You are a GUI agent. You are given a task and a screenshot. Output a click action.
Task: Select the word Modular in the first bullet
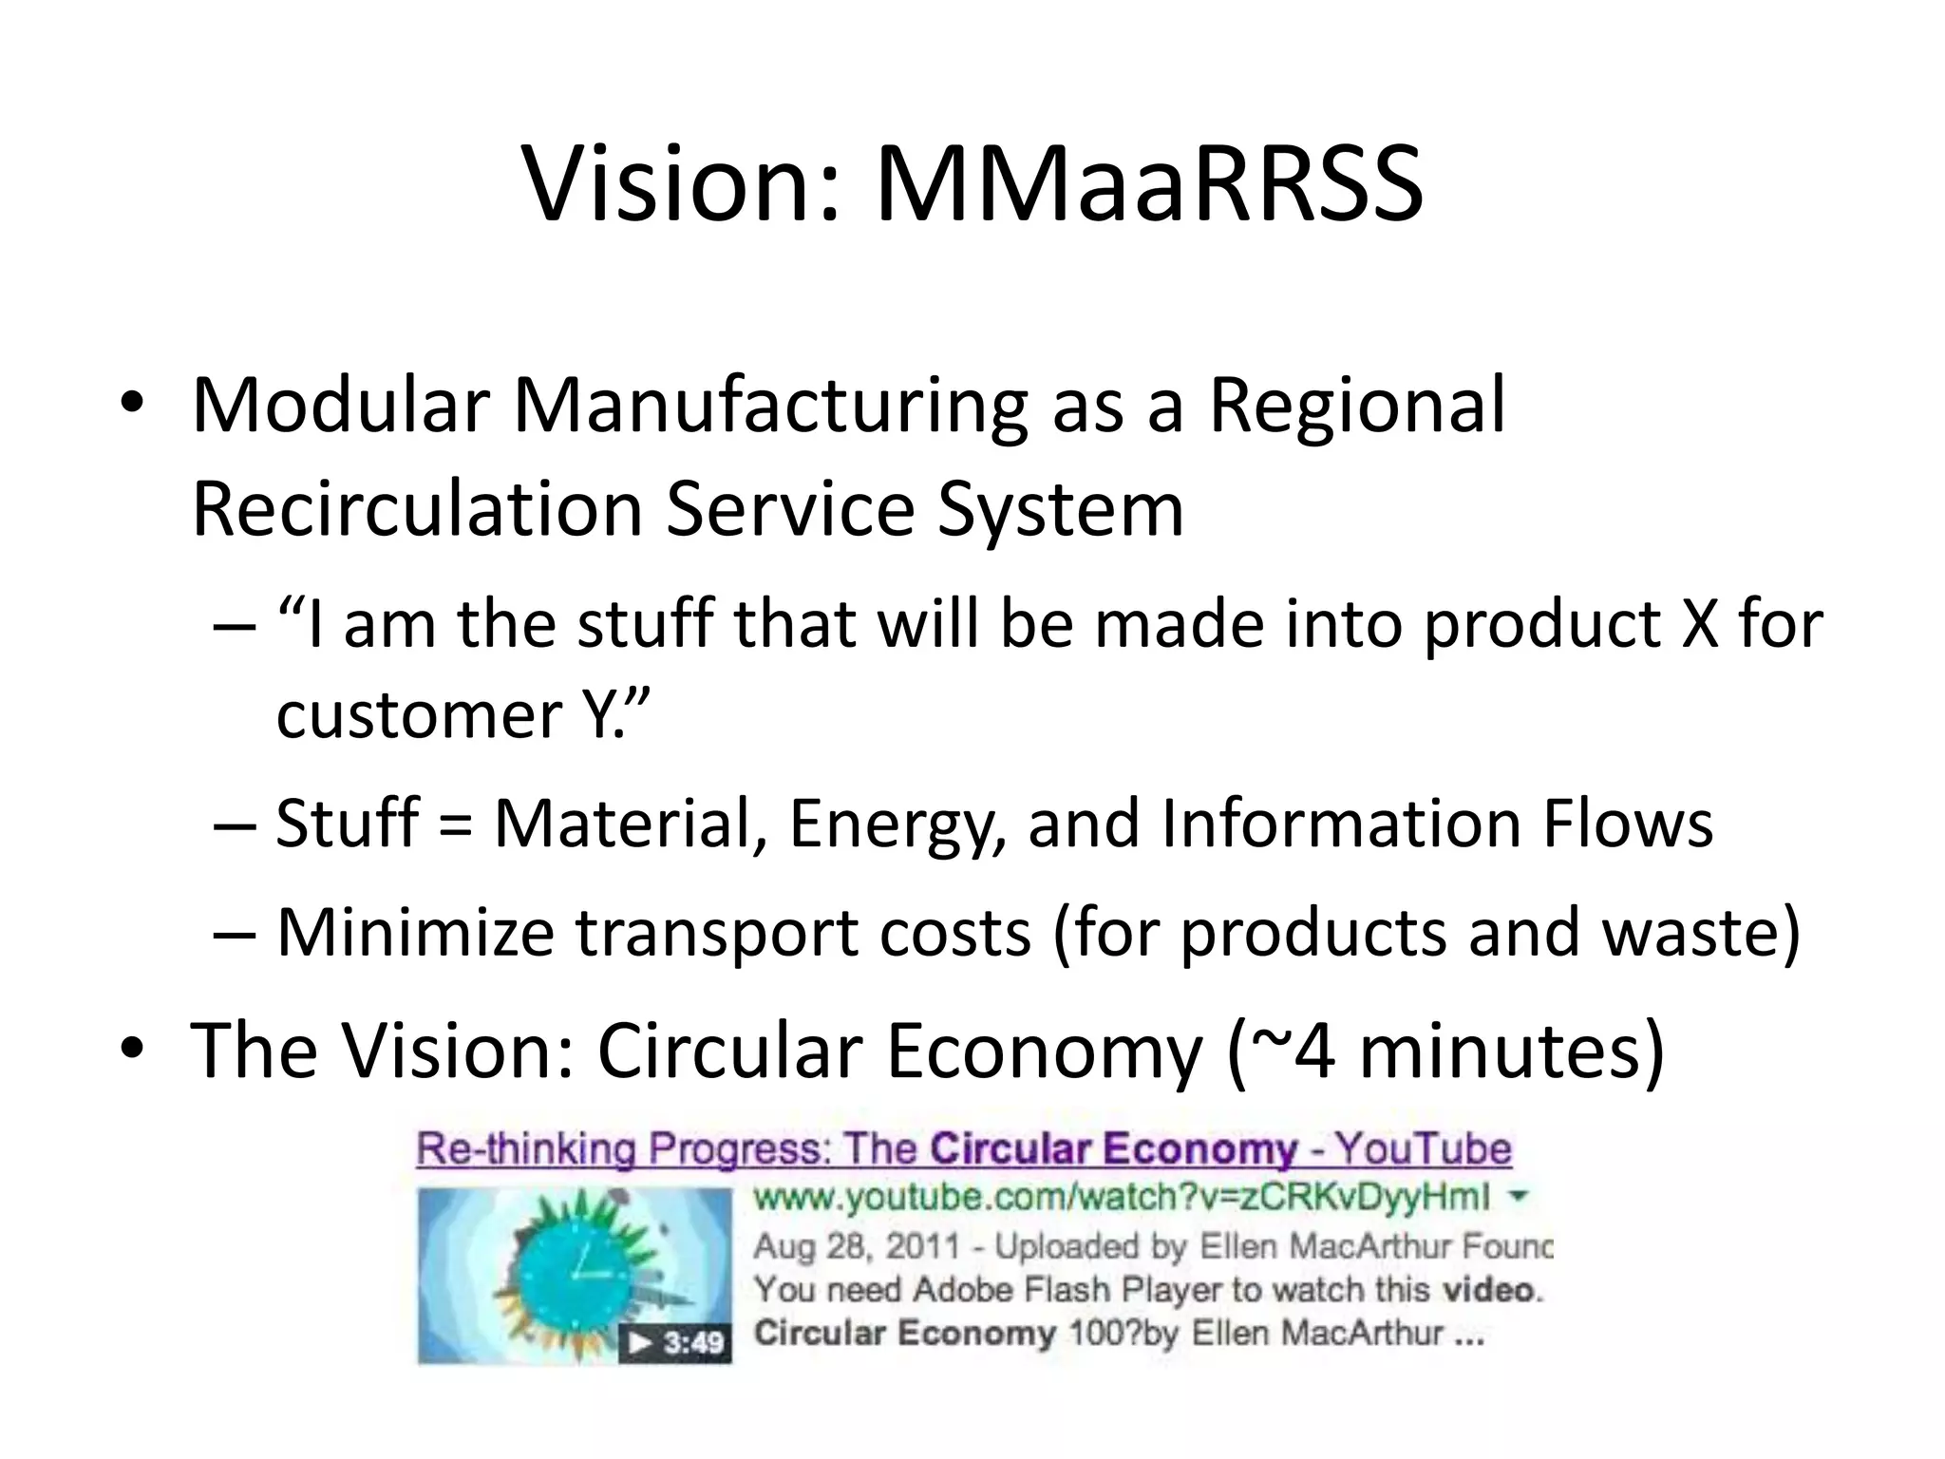[340, 407]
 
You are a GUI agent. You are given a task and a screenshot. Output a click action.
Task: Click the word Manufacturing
[769, 407]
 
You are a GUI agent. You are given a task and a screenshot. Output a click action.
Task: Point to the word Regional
[1356, 407]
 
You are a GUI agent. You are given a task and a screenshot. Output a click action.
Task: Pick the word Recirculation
[418, 509]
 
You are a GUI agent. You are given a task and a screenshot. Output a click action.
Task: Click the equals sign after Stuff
[455, 824]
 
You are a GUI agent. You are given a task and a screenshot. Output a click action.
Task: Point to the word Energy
[897, 824]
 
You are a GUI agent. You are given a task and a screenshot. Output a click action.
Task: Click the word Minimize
[415, 932]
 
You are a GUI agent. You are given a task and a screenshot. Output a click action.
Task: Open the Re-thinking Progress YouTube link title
[963, 1149]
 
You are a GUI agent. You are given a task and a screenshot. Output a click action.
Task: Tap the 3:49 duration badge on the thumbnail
[677, 1343]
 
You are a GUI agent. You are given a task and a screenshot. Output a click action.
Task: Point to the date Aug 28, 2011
[856, 1245]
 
